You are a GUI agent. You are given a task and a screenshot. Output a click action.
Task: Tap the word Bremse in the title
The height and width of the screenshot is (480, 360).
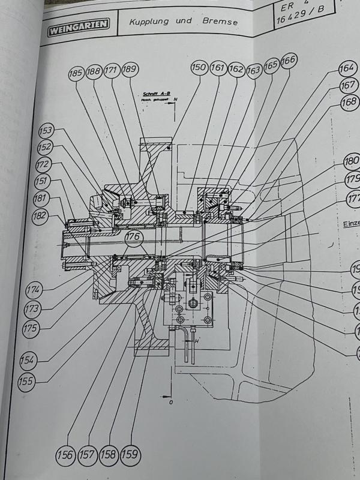(220, 23)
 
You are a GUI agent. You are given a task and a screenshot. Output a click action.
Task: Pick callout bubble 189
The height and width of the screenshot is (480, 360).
(130, 71)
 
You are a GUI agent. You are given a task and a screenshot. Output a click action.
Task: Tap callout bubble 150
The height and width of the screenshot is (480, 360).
(199, 68)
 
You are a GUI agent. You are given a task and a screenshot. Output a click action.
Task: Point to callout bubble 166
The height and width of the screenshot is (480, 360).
(288, 62)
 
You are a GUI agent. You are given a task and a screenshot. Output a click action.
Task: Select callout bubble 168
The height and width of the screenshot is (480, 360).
(349, 103)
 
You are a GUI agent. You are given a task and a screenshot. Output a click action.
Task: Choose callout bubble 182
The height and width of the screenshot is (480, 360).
(41, 217)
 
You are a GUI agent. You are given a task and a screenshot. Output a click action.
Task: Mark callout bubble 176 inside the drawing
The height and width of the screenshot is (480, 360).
(134, 239)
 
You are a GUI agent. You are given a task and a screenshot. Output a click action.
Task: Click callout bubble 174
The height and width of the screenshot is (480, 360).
(34, 290)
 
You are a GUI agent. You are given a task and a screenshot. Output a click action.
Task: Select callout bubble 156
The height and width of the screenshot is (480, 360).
(67, 455)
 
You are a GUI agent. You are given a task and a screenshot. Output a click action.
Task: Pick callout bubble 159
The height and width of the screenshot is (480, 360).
(130, 455)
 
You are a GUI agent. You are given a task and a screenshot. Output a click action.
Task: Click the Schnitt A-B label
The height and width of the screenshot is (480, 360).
(157, 94)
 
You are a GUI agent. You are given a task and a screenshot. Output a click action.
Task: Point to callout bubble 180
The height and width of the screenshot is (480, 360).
(351, 162)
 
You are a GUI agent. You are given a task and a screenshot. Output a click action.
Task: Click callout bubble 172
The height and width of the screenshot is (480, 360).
(43, 164)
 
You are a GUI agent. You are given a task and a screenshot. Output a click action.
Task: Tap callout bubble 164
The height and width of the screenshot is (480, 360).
(347, 68)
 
